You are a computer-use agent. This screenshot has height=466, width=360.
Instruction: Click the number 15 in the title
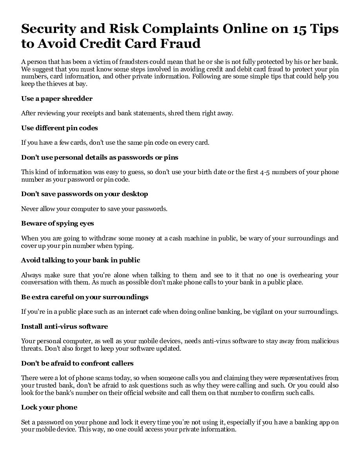click(298, 29)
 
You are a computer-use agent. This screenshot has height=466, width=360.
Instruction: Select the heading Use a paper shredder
click(57, 98)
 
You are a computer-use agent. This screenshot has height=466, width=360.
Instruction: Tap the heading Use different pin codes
click(60, 128)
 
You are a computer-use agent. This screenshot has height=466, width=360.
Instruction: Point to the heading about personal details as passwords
click(100, 157)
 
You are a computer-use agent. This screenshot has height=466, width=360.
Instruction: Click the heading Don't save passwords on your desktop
click(85, 194)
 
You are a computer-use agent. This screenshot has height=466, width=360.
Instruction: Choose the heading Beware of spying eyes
click(57, 223)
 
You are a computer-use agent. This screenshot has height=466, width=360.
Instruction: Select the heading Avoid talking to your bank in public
click(80, 260)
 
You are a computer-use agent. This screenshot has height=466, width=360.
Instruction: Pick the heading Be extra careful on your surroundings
click(85, 297)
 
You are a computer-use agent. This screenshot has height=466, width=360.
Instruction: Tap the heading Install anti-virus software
click(64, 326)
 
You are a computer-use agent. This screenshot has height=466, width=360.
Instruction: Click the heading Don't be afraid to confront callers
click(77, 363)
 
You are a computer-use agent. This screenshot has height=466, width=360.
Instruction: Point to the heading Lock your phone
click(49, 407)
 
